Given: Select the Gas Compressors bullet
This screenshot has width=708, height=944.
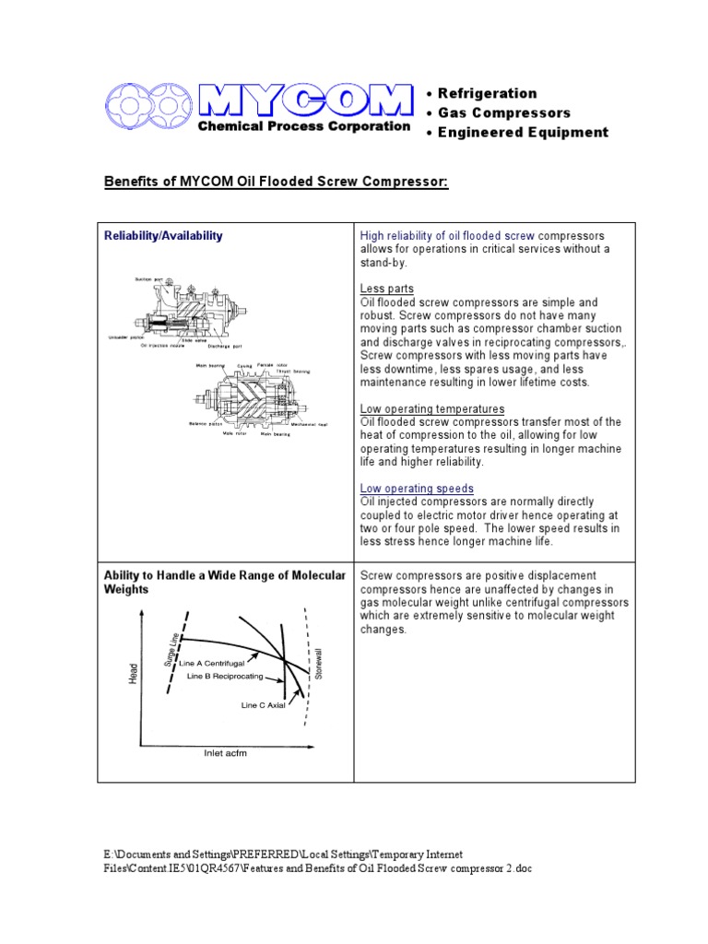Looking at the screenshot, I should pyautogui.click(x=505, y=112).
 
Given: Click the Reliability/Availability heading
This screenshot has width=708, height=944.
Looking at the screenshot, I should pyautogui.click(x=163, y=236).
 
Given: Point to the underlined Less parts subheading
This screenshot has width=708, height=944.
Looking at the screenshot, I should pyautogui.click(x=387, y=289).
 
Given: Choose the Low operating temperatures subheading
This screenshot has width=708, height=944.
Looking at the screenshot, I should pyautogui.click(x=431, y=408).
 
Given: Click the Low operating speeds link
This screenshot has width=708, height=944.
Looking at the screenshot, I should pyautogui.click(x=417, y=488).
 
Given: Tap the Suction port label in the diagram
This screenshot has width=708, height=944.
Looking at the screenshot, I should pyautogui.click(x=149, y=277).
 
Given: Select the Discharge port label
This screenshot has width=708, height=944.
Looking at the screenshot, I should pyautogui.click(x=223, y=348).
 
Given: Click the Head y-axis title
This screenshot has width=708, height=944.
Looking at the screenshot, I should pyautogui.click(x=131, y=677).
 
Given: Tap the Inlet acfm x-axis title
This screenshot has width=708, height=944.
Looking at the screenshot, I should pyautogui.click(x=226, y=753).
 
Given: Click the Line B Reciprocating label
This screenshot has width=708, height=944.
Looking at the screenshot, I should pyautogui.click(x=224, y=676).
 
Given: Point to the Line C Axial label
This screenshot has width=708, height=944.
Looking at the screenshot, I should pyautogui.click(x=263, y=705).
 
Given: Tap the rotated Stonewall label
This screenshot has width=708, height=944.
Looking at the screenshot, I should pyautogui.click(x=319, y=663).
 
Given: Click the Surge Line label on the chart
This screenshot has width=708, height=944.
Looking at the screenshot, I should pyautogui.click(x=171, y=650).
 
